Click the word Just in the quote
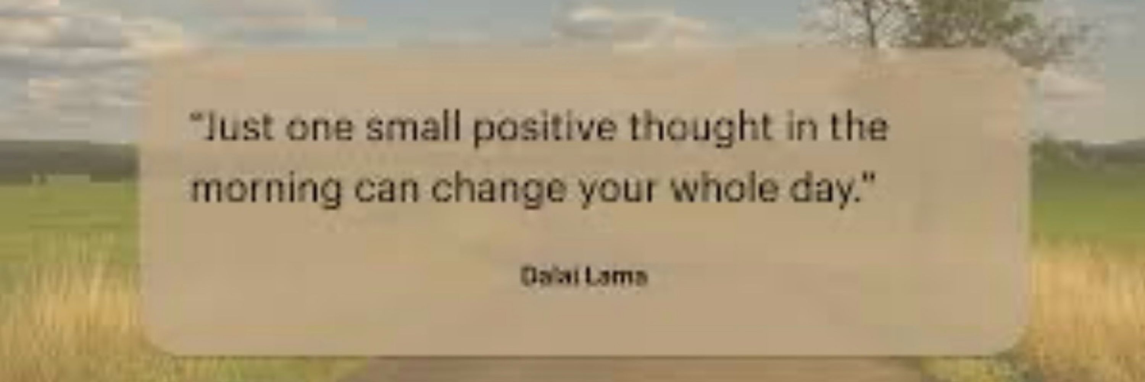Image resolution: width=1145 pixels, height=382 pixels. pos(238,128)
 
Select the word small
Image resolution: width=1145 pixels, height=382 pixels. pos(412,128)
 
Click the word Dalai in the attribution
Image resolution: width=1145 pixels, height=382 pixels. pos(549,277)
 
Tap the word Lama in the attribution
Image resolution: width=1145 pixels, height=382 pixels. pos(616,277)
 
